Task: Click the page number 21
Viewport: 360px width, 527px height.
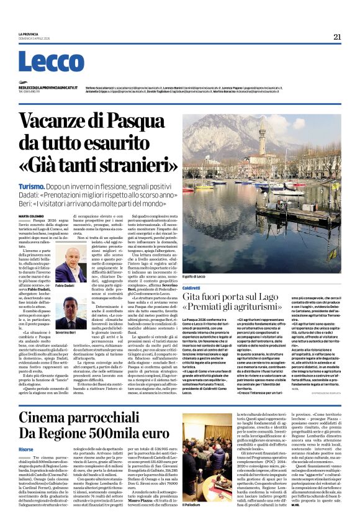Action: pos(337,37)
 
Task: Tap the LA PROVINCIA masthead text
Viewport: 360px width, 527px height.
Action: pos(29,34)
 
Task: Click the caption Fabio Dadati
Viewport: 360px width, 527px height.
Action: pos(65,286)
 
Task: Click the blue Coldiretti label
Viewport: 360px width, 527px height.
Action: pos(192,271)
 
